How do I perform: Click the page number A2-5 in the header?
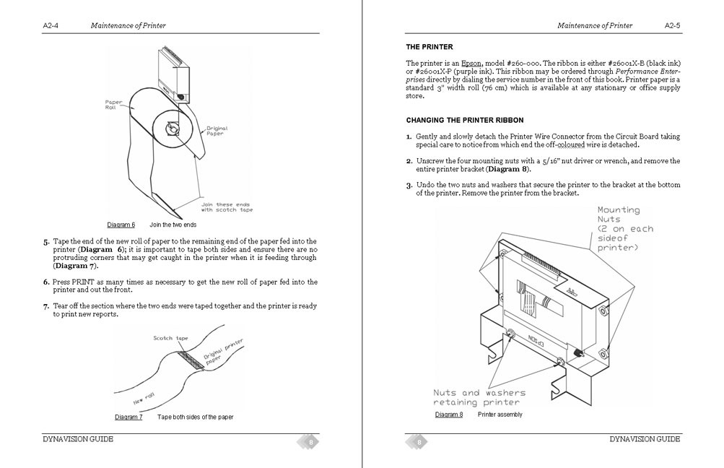click(673, 26)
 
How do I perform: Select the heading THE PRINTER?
click(429, 47)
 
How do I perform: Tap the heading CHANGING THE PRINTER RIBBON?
click(465, 120)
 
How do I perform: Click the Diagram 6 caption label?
click(121, 225)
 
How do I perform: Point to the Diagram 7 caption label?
click(128, 417)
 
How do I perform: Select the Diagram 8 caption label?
click(449, 415)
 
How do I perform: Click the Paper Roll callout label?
click(114, 105)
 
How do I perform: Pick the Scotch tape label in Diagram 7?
click(170, 338)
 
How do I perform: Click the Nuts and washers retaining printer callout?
click(479, 397)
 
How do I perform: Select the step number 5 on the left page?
click(46, 241)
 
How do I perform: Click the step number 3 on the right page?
click(409, 186)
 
